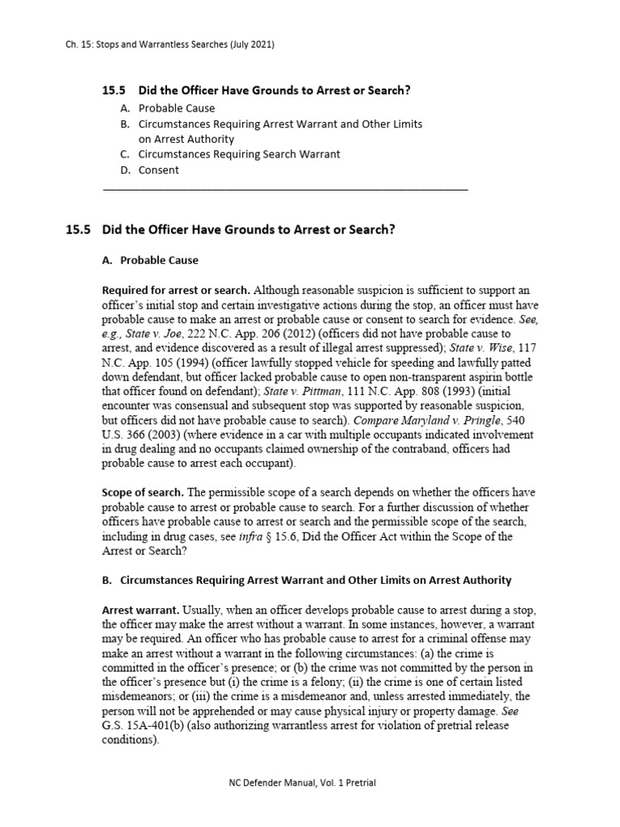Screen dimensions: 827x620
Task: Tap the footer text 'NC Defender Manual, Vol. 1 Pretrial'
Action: point(309,783)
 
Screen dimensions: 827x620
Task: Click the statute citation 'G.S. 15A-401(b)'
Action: point(145,724)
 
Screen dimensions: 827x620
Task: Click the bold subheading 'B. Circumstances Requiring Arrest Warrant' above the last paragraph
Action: point(307,581)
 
